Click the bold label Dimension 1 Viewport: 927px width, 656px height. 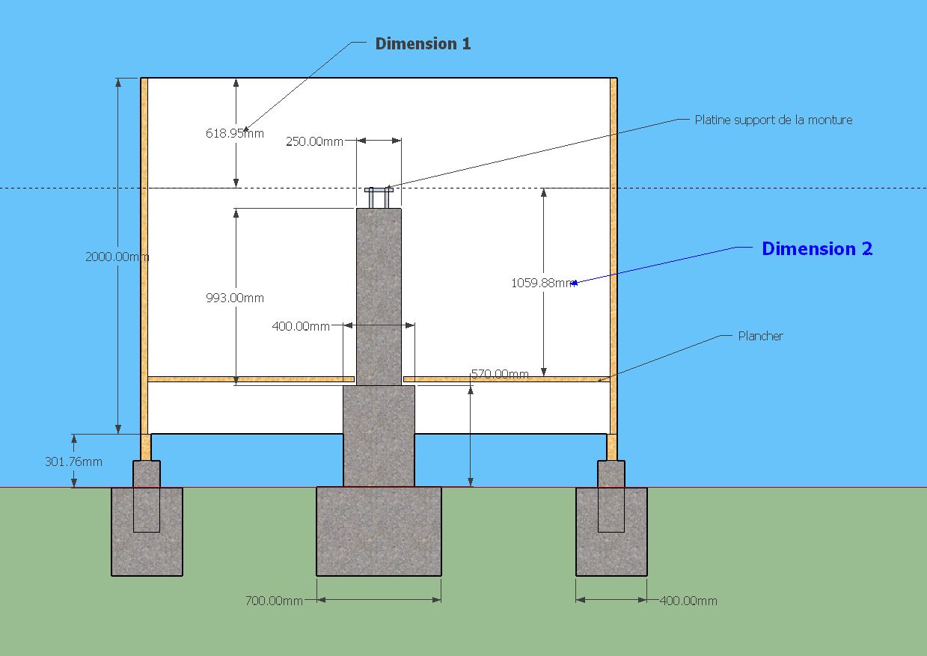(x=423, y=43)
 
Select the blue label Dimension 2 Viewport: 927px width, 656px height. (x=816, y=249)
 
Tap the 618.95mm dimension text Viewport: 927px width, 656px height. (x=235, y=134)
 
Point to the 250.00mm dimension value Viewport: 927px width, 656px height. (x=314, y=141)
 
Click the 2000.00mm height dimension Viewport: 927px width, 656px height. (x=117, y=257)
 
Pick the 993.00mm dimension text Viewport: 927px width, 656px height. (x=235, y=298)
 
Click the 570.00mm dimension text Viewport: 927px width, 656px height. (x=500, y=374)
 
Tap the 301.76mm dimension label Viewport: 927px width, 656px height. (x=73, y=462)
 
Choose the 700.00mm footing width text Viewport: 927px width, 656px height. (x=274, y=601)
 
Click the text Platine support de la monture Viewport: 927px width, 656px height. (x=773, y=120)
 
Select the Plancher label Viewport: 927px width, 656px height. (x=760, y=336)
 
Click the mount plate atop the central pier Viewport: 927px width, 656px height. (x=379, y=191)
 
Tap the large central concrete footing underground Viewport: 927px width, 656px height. (x=379, y=531)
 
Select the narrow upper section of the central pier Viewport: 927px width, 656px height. (x=379, y=295)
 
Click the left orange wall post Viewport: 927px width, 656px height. (x=144, y=254)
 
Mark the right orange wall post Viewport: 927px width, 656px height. (x=614, y=254)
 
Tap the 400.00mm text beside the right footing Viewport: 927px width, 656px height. (x=688, y=601)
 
